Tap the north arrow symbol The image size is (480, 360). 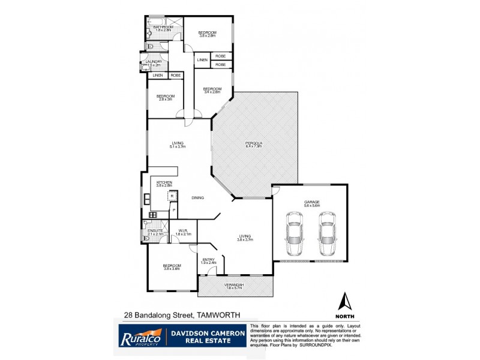(x=345, y=304)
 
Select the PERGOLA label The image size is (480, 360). (x=253, y=143)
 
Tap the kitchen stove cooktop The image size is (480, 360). (x=152, y=215)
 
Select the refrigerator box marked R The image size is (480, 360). (x=172, y=196)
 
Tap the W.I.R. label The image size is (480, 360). (x=184, y=231)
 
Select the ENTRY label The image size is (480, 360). (x=208, y=259)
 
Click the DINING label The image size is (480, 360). (x=197, y=197)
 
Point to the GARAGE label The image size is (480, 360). (x=312, y=202)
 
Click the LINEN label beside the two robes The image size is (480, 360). (x=202, y=60)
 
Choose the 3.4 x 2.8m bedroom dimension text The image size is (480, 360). (x=212, y=92)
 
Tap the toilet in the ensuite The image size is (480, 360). (x=148, y=238)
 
